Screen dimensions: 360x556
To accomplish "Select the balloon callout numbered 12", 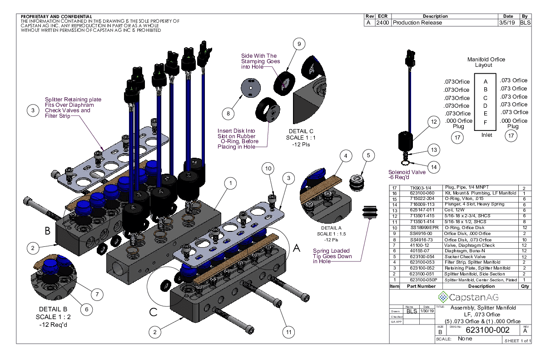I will pyautogui.click(x=434, y=122).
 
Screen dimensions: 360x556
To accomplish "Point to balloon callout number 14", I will pyautogui.click(x=434, y=167).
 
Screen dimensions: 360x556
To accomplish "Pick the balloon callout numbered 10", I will pyautogui.click(x=268, y=169).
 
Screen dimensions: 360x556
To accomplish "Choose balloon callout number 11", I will pyautogui.click(x=287, y=332).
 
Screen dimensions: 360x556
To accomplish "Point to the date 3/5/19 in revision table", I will pyautogui.click(x=506, y=22).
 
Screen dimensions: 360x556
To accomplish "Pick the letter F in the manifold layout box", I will pyautogui.click(x=486, y=122).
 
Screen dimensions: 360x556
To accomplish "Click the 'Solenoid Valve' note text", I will pyautogui.click(x=407, y=172).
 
